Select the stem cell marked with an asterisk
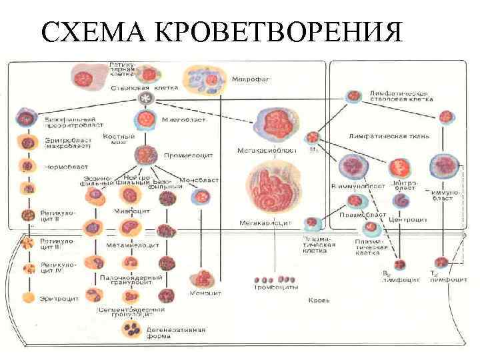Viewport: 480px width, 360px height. point(145,99)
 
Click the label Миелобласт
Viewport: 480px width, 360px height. point(179,120)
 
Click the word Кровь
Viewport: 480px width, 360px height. point(319,301)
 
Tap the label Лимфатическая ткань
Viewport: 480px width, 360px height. point(389,136)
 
